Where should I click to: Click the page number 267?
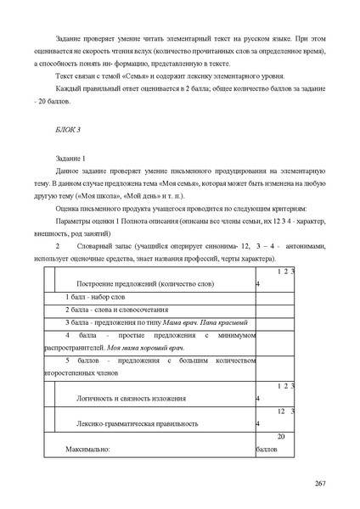pyautogui.click(x=320, y=484)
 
